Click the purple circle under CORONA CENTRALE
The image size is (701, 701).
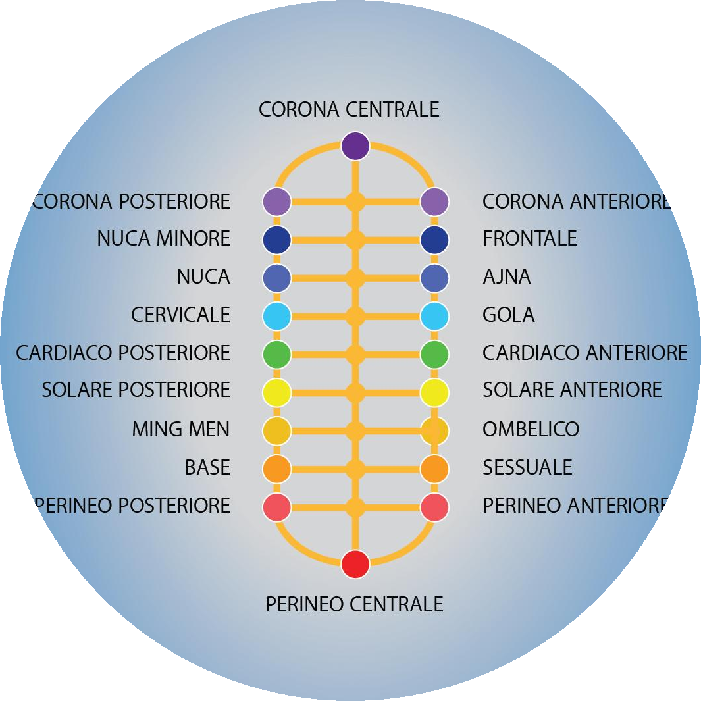click(x=355, y=146)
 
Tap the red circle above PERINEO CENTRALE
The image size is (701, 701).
click(x=355, y=564)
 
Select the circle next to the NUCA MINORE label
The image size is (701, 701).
click(x=277, y=240)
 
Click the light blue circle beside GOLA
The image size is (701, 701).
click(x=434, y=317)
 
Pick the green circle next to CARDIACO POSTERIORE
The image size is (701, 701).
click(x=277, y=355)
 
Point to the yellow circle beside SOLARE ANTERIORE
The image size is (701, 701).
click(x=434, y=393)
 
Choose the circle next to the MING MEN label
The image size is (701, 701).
click(x=277, y=431)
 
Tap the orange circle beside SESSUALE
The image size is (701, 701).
click(x=434, y=469)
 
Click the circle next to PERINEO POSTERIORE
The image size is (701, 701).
click(x=277, y=507)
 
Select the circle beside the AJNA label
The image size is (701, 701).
click(x=434, y=278)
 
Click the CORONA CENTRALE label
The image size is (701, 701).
click(x=349, y=109)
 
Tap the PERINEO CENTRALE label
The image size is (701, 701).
click(x=354, y=604)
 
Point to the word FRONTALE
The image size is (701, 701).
click(x=529, y=238)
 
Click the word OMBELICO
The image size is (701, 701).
click(x=531, y=429)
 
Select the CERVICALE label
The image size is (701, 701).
click(x=180, y=315)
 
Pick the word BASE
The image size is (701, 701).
click(x=207, y=467)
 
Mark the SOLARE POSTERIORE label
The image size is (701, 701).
click(x=136, y=390)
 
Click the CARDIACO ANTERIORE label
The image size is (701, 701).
click(x=584, y=353)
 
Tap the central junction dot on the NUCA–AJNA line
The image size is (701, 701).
click(x=355, y=278)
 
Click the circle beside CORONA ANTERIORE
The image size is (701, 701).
click(x=434, y=201)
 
